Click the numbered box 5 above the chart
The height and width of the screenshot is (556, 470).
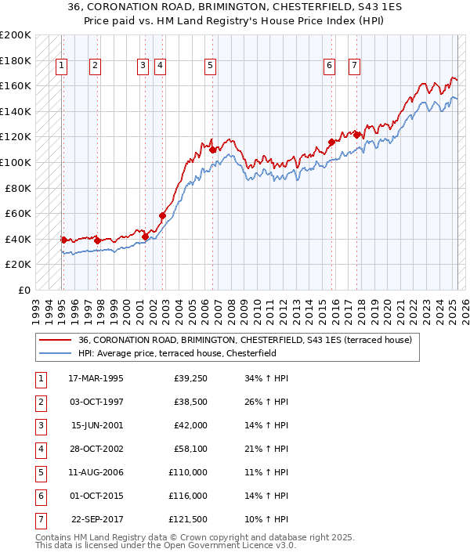[211, 67]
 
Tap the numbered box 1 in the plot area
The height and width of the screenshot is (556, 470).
[61, 67]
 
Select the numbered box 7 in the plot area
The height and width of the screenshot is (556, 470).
[355, 67]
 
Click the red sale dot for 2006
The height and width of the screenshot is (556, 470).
[212, 150]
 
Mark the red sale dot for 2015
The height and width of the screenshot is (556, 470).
[331, 142]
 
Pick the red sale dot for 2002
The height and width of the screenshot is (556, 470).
[163, 215]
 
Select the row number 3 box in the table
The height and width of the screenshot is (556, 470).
[40, 426]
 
